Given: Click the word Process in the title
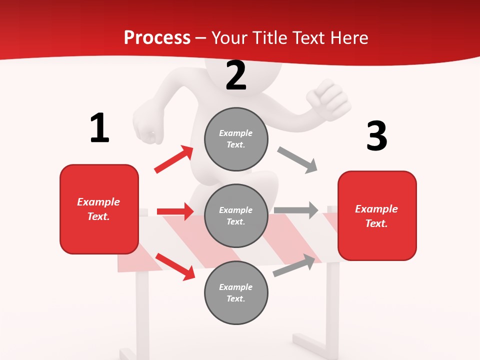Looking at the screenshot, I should [157, 38].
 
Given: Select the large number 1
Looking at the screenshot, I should [99, 128].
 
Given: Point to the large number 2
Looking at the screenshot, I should [236, 75].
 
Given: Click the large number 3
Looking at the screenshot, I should [376, 136].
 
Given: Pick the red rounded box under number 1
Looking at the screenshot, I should [99, 209].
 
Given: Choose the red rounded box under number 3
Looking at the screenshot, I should [377, 215].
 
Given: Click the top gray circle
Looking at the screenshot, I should [236, 138].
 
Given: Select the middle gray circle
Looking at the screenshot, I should [236, 215].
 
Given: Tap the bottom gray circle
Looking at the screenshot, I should [236, 292].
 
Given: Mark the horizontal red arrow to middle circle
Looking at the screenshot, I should [175, 211].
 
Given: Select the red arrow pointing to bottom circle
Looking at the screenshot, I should [175, 266].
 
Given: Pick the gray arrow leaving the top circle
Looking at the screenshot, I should [297, 160].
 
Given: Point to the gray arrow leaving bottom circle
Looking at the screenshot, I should [296, 265].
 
